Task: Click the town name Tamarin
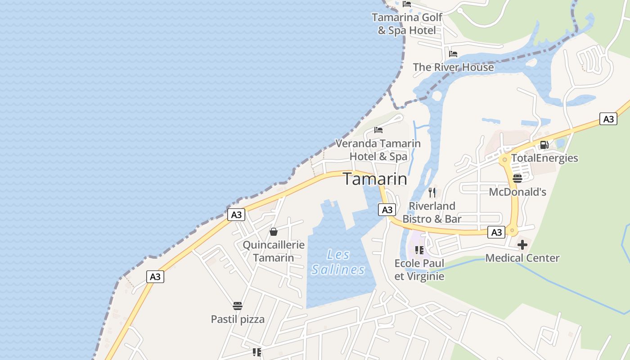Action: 375,179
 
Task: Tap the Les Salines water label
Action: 338,262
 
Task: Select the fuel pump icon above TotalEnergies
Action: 544,145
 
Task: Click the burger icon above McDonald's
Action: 517,179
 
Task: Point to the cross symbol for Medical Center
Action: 522,245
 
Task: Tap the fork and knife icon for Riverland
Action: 432,193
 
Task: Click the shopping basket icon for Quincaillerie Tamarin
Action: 273,232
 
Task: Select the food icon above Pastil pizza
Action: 238,306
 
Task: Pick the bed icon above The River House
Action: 453,54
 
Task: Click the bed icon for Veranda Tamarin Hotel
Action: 378,130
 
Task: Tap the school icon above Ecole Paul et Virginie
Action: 419,250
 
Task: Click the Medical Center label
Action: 522,258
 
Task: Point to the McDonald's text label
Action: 517,192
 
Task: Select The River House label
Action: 453,67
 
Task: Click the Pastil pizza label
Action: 238,319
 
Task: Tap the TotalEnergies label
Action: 544,158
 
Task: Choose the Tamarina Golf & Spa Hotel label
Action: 407,24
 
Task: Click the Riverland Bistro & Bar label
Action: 432,212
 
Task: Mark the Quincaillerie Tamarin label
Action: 274,251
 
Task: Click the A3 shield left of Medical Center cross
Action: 496,232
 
